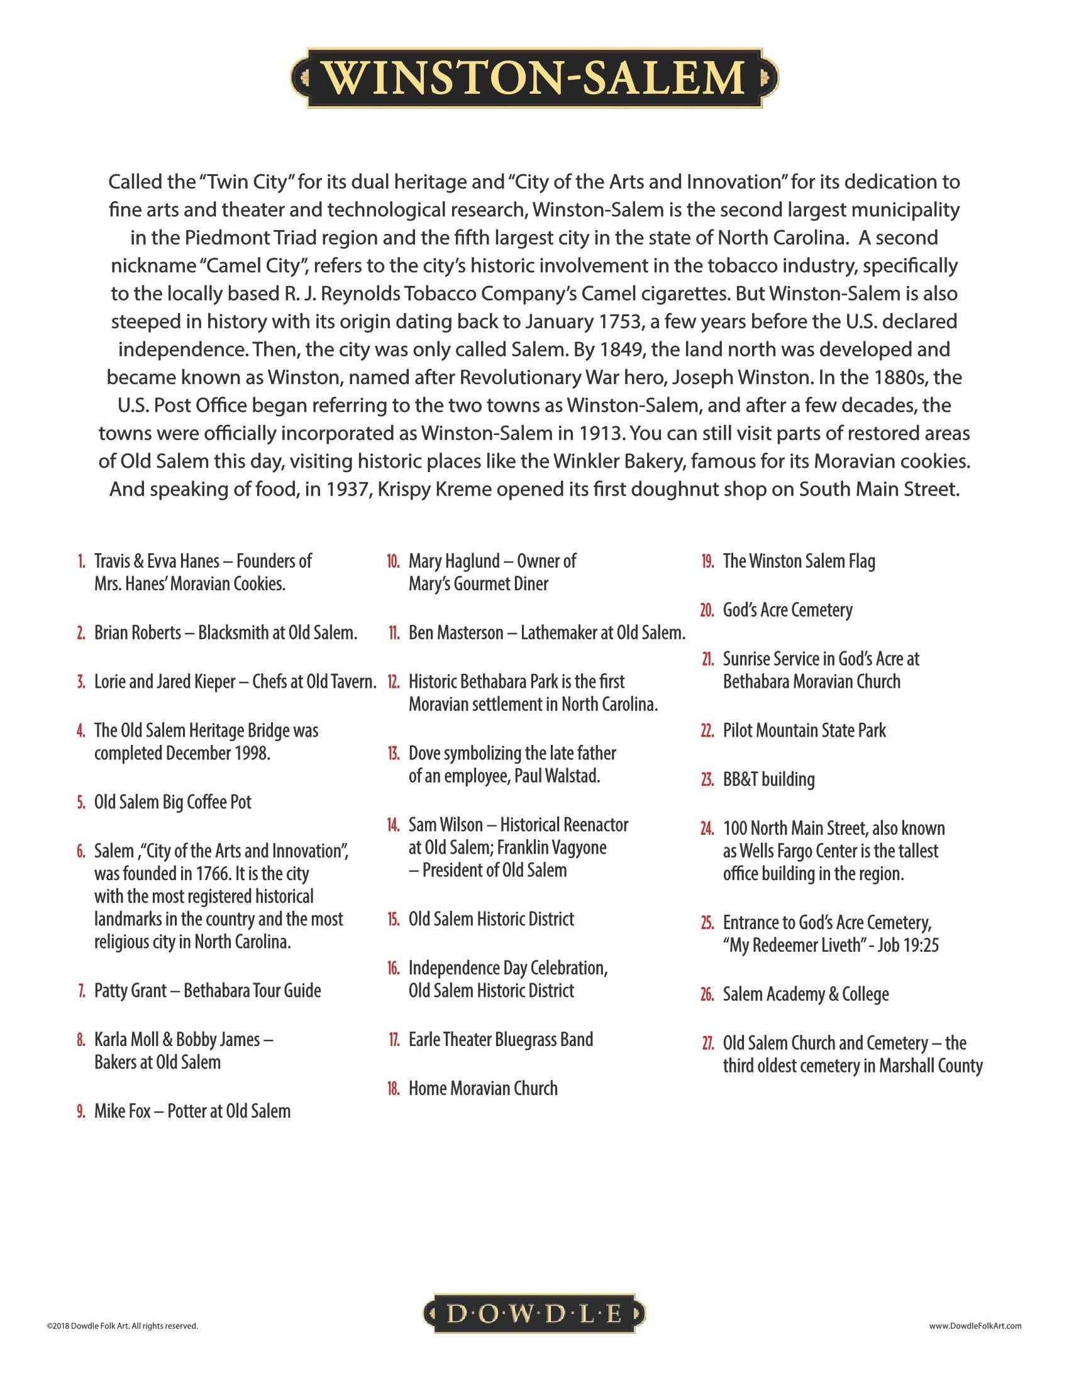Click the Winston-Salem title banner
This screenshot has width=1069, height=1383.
534,77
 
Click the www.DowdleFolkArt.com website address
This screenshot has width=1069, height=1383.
975,1325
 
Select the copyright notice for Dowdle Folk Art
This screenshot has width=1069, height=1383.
122,1325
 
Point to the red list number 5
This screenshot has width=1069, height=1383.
81,802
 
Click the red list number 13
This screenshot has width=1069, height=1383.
394,754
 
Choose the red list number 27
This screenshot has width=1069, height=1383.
707,1043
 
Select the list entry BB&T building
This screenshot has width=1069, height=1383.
769,779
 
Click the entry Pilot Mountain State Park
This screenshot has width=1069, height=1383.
804,730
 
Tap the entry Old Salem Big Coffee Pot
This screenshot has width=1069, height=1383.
173,802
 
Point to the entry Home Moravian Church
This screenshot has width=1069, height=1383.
483,1089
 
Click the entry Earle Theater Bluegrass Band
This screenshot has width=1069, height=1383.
501,1040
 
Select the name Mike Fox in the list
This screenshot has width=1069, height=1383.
122,1111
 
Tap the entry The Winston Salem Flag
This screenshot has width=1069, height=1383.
799,561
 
